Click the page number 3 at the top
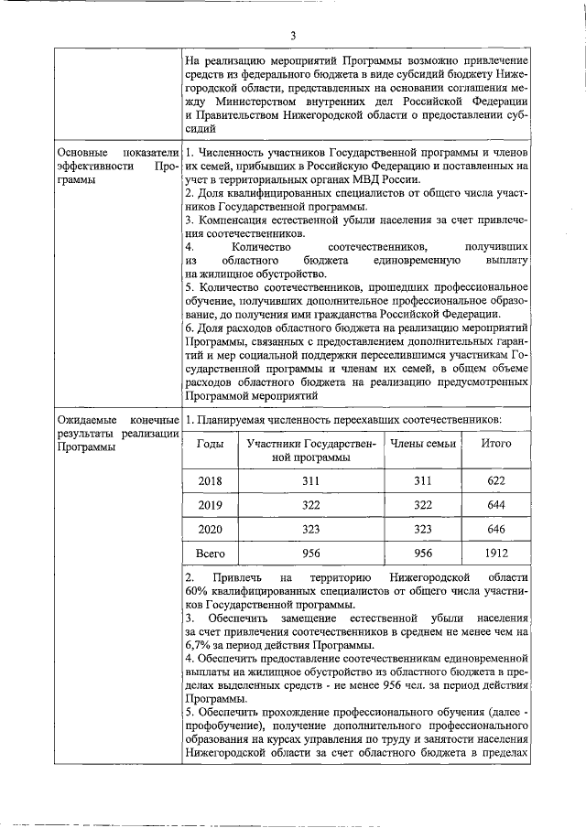pos(293,36)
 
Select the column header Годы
pos(211,443)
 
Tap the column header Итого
pos(496,443)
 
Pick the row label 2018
pos(211,479)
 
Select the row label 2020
pos(211,529)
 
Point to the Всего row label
pos(211,554)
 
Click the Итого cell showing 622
pos(496,479)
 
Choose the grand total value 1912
pos(496,554)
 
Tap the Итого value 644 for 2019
pos(496,504)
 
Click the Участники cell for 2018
pos(311,479)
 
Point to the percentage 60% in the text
pos(197,592)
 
